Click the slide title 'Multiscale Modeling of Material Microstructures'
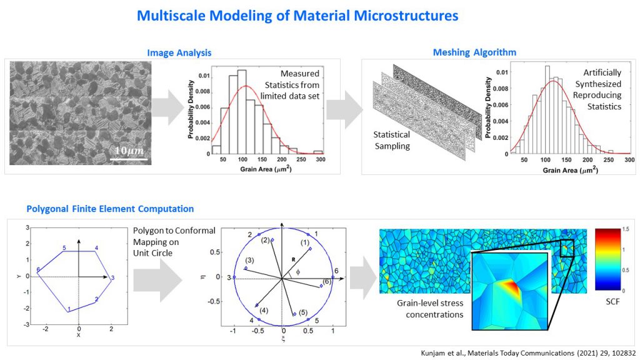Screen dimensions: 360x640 (297, 15)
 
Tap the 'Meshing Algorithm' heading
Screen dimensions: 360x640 (475, 52)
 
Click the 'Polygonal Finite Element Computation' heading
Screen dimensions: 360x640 (110, 208)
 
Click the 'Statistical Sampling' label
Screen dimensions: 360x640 (392, 139)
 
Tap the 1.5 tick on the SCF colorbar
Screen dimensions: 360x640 (626, 230)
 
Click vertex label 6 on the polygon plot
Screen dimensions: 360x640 (39, 269)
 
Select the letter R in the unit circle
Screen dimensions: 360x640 (291, 257)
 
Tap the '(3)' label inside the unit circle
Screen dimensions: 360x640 (249, 260)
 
